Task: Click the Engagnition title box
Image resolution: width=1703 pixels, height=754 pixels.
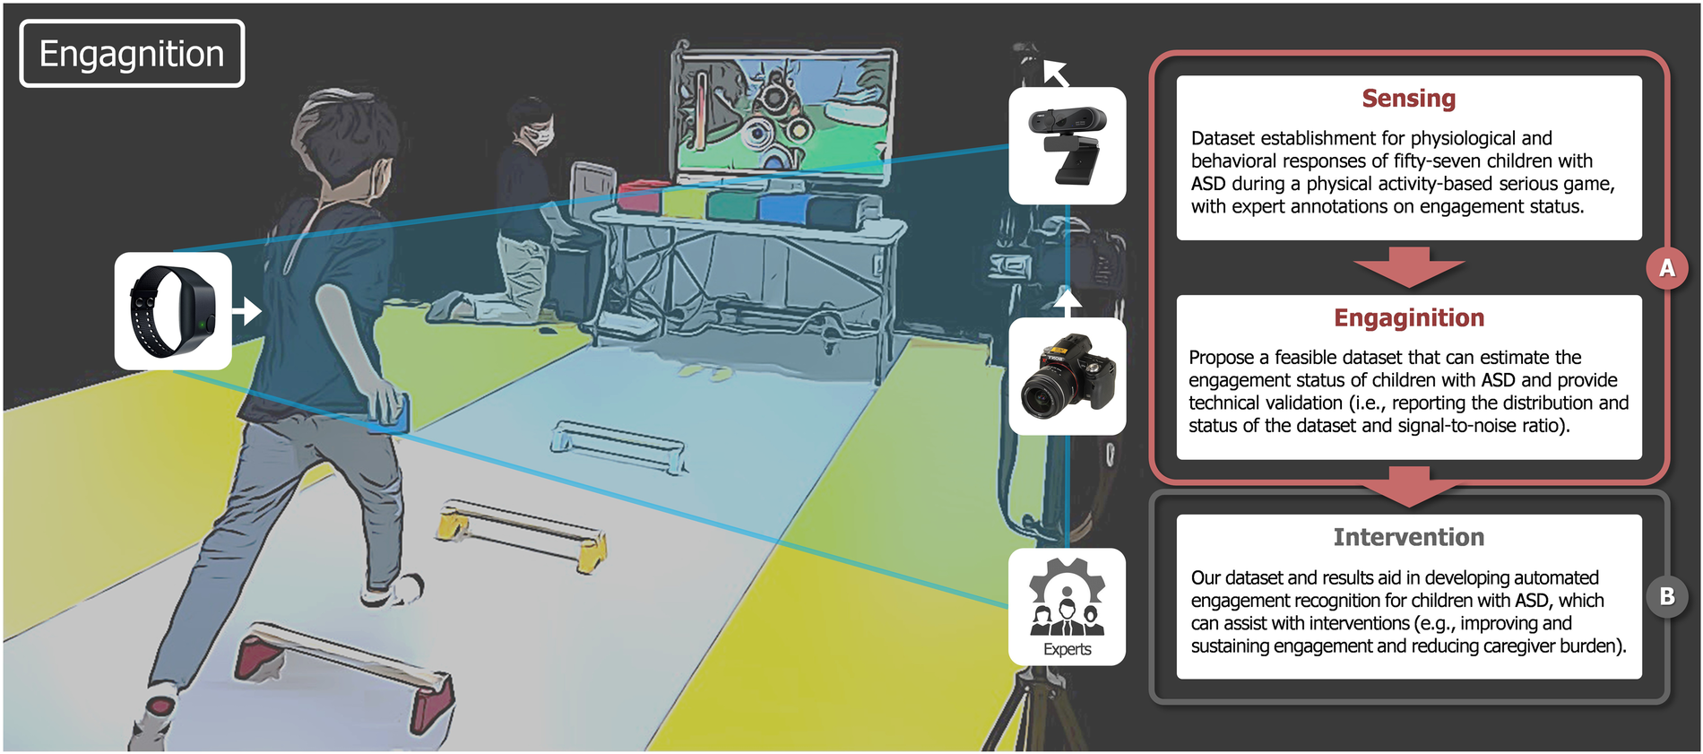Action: tap(132, 54)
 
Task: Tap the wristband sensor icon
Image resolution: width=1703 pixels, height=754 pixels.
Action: tap(173, 311)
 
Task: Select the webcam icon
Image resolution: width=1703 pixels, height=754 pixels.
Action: tap(1067, 145)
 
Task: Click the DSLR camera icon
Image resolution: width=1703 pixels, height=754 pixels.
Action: tap(1067, 376)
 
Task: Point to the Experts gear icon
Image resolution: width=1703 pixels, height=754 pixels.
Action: tap(1067, 597)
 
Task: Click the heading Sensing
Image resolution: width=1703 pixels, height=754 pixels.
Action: tap(1408, 99)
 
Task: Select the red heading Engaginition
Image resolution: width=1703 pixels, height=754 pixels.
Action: tap(1408, 318)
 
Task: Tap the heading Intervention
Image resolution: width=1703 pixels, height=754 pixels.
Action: tap(1408, 537)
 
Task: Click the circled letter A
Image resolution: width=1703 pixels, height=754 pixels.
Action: tap(1666, 268)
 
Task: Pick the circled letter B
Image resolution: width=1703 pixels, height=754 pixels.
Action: tap(1666, 596)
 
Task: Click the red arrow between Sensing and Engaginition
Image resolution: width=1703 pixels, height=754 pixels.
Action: tap(1408, 266)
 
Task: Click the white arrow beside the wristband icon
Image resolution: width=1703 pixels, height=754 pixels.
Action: tap(247, 311)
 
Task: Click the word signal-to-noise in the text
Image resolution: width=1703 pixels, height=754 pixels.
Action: tap(1464, 426)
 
